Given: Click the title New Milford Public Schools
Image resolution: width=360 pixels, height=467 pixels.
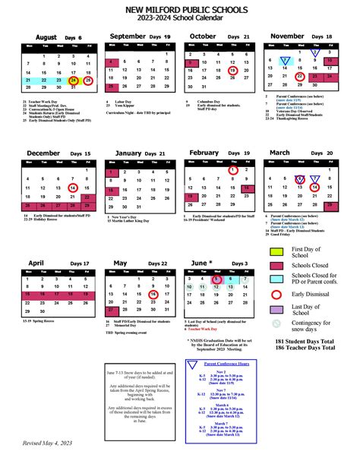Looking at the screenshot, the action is [179, 8].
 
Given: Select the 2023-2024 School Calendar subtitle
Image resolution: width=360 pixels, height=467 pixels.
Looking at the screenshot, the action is [179, 20].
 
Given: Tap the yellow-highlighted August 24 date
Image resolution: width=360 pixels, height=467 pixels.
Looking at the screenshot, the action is [73, 80].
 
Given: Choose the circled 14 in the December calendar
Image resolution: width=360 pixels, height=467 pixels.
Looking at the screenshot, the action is [73, 187].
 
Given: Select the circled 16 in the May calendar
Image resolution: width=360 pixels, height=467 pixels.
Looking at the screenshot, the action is [153, 294].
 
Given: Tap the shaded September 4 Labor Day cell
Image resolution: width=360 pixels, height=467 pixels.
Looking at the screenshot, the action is [113, 62].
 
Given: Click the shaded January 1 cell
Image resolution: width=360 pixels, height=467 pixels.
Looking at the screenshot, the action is [113, 170].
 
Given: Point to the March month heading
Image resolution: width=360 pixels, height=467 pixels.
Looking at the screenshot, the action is [280, 153].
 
